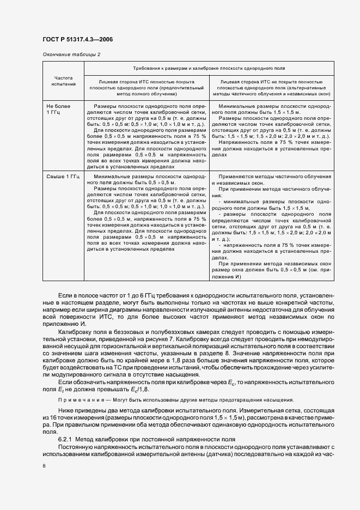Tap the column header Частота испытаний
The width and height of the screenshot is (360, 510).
(63, 82)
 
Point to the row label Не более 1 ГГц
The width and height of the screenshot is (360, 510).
(59, 108)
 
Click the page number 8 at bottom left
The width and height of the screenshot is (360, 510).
(44, 466)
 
